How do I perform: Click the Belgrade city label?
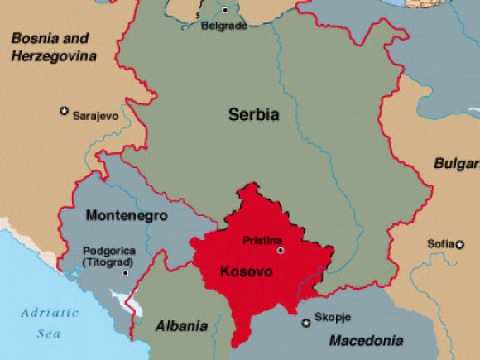pos(224,26)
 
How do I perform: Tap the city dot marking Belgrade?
pos(225,11)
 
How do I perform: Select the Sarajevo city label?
pos(95,116)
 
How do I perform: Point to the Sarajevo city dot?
pos(64,110)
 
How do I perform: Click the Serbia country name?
pos(253,115)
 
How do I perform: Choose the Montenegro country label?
pos(126,215)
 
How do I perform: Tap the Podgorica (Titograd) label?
pos(105,256)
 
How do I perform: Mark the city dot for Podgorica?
pos(126,272)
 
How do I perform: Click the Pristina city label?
pos(262,240)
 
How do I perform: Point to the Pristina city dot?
pos(280,250)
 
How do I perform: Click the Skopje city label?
pos(331,319)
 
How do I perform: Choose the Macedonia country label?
pos(366,340)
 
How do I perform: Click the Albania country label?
pos(181,326)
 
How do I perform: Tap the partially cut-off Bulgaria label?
pos(456,164)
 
